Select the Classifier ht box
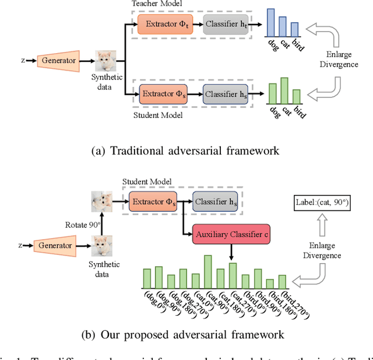tap(226, 25)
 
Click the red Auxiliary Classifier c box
tap(231, 235)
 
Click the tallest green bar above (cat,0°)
tap(207, 272)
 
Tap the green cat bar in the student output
tap(284, 90)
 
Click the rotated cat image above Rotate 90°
tap(101, 202)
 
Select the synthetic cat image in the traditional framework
tap(105, 60)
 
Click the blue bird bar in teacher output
tap(294, 30)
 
